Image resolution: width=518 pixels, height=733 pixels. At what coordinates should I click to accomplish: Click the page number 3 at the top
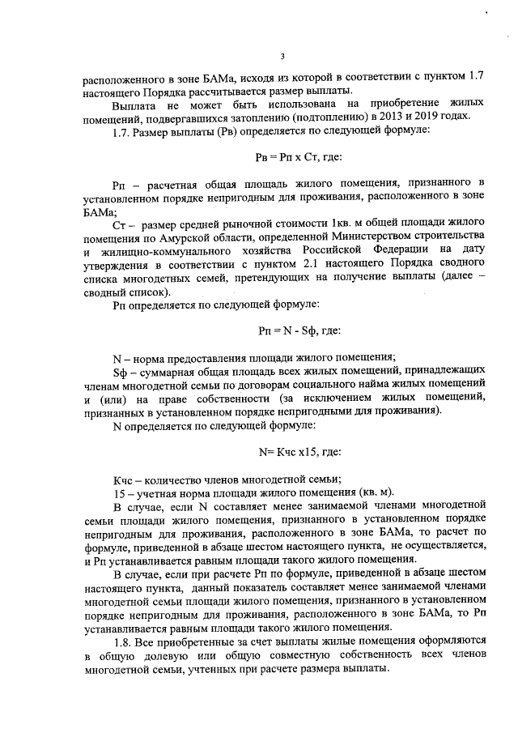click(x=282, y=56)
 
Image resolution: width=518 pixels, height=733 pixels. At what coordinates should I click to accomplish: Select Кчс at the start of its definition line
click(x=123, y=478)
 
